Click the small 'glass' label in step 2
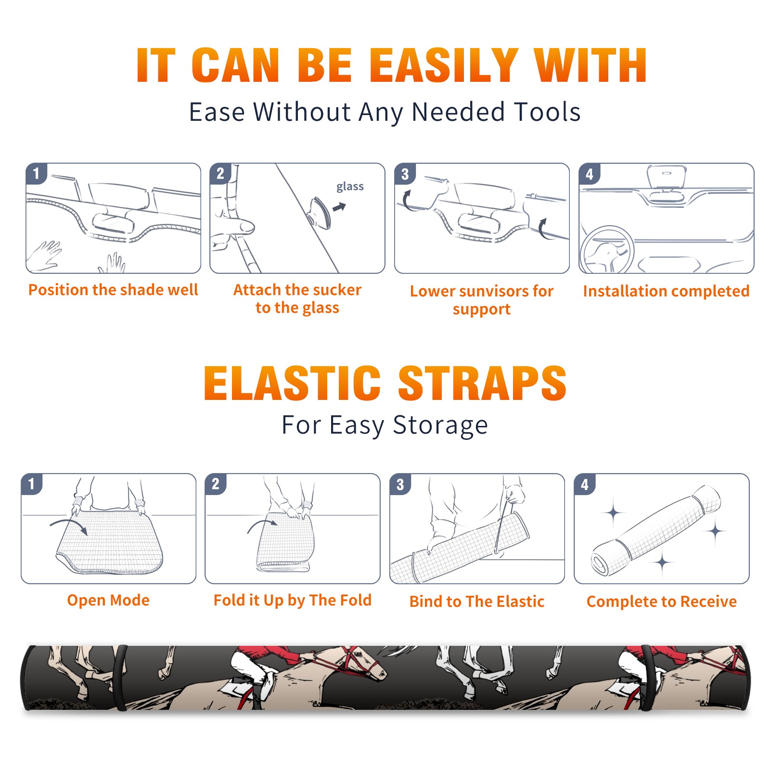click(x=350, y=187)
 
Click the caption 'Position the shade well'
click(x=113, y=290)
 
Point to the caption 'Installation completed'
click(x=666, y=291)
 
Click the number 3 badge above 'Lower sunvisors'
click(x=405, y=174)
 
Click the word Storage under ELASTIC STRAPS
click(x=440, y=425)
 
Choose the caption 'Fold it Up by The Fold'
click(x=293, y=600)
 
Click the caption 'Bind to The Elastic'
click(x=477, y=601)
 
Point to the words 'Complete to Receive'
click(x=662, y=601)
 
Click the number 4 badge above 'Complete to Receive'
click(x=585, y=484)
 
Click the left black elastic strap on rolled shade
click(x=120, y=678)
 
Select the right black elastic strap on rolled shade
click(x=647, y=678)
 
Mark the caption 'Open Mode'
click(x=108, y=600)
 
